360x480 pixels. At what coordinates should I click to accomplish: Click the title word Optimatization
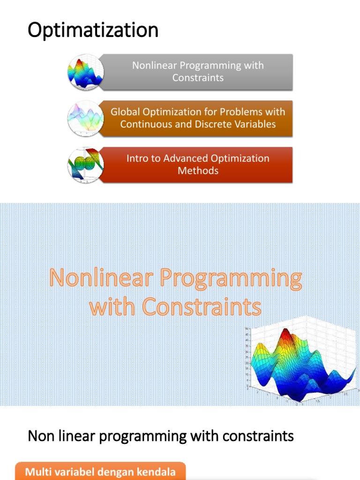pos(93,31)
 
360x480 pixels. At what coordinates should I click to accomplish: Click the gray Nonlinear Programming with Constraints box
pos(198,72)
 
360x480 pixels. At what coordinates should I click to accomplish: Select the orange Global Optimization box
pos(198,118)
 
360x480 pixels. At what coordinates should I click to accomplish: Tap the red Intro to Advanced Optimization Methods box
pos(198,165)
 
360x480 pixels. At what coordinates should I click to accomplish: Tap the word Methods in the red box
pos(198,171)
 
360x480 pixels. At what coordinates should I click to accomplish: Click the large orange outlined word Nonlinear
pos(102,278)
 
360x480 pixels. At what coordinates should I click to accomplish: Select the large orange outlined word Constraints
pos(202,307)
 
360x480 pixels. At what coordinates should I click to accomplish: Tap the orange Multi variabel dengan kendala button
pos(100,472)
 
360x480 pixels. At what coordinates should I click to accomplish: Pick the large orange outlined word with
pos(113,307)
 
